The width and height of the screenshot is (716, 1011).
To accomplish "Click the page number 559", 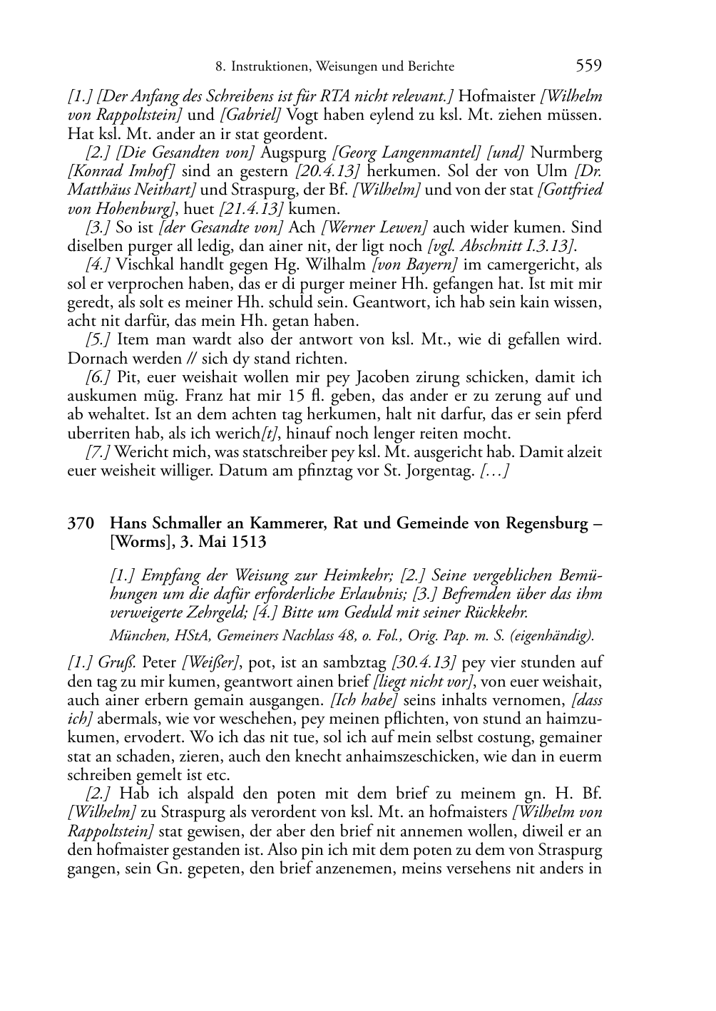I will pos(588,66).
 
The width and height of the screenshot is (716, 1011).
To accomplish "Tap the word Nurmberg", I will pos(566,153).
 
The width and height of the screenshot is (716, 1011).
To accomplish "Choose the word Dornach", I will pos(94,359).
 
